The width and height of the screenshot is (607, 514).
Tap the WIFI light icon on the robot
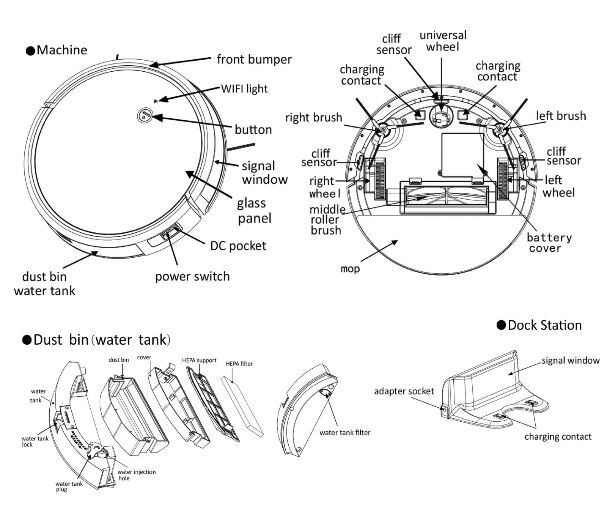point(155,101)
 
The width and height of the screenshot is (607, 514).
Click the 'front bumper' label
point(254,59)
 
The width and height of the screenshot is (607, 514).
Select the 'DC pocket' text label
point(238,246)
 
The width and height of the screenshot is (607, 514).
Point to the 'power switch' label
point(192,276)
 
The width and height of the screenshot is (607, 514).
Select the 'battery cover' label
point(549,243)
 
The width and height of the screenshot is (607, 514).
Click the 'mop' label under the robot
point(350,269)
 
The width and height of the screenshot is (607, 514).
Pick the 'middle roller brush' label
point(327,220)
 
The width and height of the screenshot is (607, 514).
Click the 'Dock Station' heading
point(544,325)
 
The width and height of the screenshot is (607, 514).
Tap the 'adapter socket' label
point(404,391)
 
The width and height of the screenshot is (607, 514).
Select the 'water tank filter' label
point(344,432)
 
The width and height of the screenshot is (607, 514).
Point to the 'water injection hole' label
point(136,475)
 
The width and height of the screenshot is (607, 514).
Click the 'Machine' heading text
point(61,50)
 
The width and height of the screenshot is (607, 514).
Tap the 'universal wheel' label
point(442,41)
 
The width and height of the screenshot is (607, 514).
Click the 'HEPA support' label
point(199,360)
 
